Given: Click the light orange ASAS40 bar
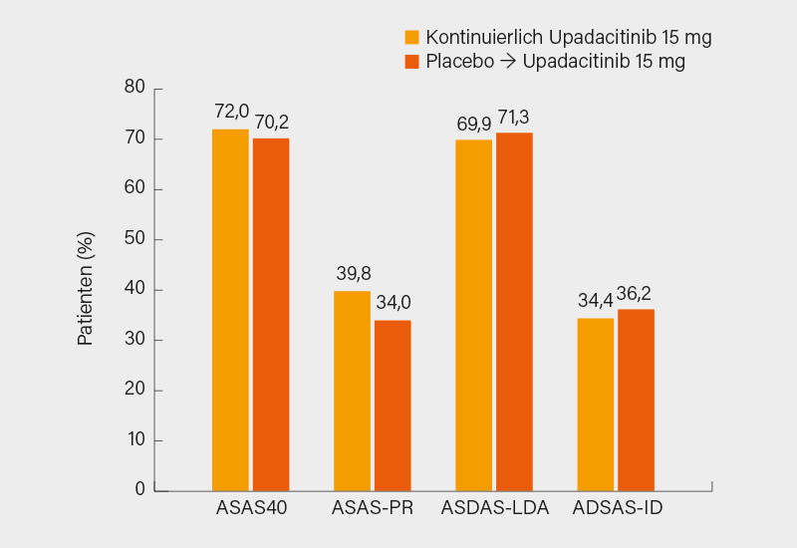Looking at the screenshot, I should (230, 309).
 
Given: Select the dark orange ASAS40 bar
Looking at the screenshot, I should (271, 314).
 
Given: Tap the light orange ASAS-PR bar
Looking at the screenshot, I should (352, 391).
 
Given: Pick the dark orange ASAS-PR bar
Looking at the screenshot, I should (393, 405).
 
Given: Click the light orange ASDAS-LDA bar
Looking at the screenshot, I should (474, 315).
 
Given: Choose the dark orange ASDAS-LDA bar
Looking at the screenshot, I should (514, 311).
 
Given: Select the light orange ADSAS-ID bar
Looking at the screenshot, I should (596, 404).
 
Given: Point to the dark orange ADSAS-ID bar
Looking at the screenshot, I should (636, 400).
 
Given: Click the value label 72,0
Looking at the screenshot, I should (231, 112).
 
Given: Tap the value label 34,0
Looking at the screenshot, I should (393, 303).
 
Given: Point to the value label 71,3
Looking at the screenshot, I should (515, 116).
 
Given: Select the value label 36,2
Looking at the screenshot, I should (637, 292).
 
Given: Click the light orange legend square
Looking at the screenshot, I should (411, 38).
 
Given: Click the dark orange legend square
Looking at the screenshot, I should (411, 62).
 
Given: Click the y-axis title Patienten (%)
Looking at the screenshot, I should (86, 289).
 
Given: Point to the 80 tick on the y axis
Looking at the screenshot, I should (135, 88).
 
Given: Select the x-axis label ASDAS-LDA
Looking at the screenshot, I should (495, 508).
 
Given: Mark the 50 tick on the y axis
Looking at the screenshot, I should (135, 239).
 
